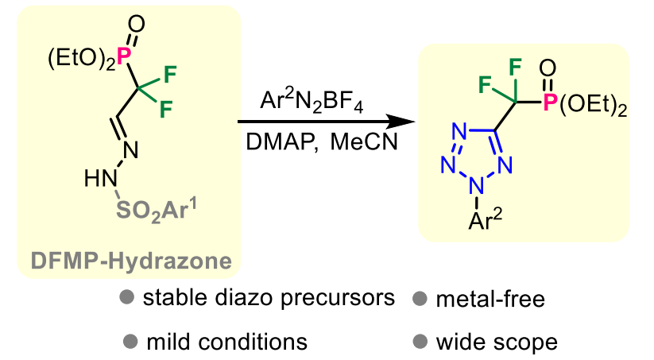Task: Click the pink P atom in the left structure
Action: point(122,55)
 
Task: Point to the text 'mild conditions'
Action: point(226,343)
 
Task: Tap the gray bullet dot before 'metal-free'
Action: point(420,299)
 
